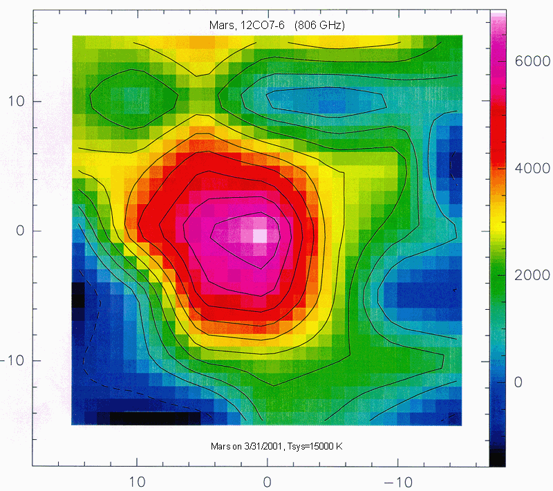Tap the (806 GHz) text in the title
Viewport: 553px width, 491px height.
pos(319,26)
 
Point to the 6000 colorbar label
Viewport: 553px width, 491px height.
pos(532,62)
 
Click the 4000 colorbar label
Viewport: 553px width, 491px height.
pos(532,169)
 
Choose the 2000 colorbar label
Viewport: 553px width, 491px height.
pos(532,276)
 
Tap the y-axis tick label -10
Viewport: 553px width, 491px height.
pos(17,360)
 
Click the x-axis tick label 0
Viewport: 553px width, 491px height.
pos(268,479)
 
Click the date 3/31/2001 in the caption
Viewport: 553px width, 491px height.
pos(254,446)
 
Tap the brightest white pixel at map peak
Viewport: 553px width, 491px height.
pos(259,235)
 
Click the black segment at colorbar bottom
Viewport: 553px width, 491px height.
pos(497,458)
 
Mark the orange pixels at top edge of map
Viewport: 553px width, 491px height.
pos(202,41)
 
